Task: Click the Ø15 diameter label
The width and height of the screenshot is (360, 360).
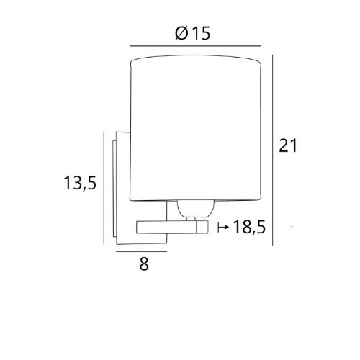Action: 193,33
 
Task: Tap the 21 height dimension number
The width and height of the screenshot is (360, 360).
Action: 288,145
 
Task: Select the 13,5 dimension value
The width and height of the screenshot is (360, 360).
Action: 80,183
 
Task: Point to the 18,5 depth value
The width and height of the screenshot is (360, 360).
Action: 249,227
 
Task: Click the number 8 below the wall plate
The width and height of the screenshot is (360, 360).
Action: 144,264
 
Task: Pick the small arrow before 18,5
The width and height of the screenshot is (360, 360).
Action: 223,227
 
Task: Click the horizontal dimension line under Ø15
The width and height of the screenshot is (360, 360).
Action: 196,45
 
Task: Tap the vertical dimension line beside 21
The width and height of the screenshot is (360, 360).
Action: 273,150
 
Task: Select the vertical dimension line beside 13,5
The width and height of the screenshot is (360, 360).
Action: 104,188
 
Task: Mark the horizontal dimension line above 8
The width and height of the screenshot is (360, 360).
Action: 141,251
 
